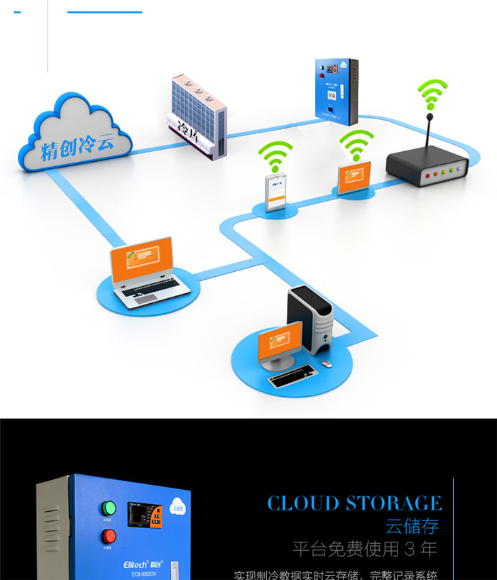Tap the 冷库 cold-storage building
point(197,117)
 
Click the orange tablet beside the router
point(353,178)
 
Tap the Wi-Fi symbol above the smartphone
point(275,155)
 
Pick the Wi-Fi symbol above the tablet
point(356,145)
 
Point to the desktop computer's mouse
point(327,363)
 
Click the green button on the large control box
point(109,508)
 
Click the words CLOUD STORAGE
point(354,503)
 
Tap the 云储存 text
point(412,526)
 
